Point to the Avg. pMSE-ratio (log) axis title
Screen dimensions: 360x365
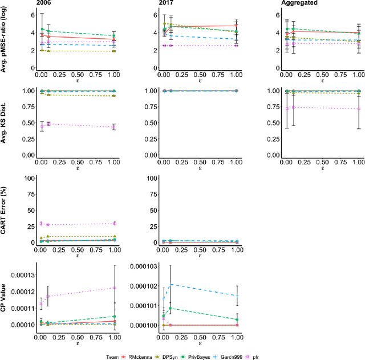point(6,41)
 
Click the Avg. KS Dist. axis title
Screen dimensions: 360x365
point(6,123)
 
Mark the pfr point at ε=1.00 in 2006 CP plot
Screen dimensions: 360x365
point(114,288)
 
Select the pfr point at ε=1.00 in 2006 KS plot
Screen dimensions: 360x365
point(114,127)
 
